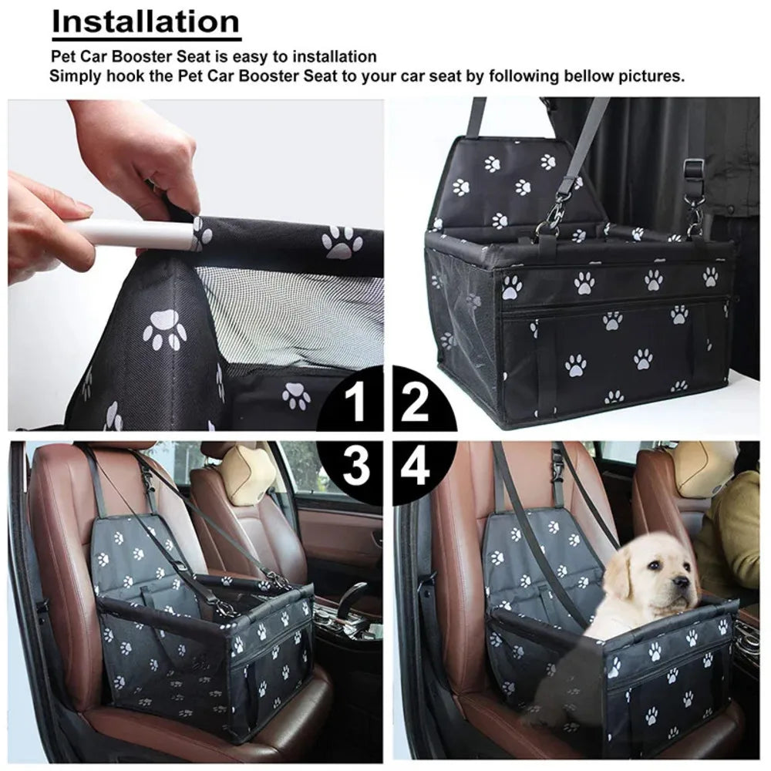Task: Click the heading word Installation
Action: [x=146, y=22]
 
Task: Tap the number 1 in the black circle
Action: [x=356, y=402]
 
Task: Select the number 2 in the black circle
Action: [x=415, y=402]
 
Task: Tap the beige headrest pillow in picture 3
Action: [x=247, y=474]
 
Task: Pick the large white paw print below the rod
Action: [x=165, y=329]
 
